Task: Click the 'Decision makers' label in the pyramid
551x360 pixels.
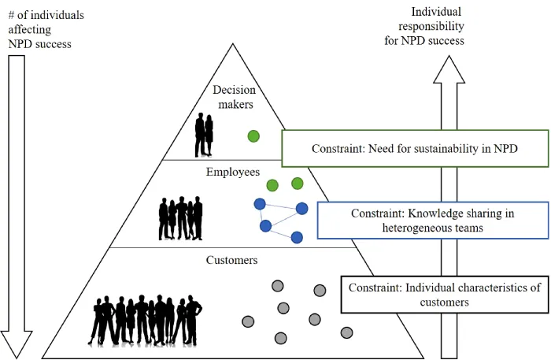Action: point(234,97)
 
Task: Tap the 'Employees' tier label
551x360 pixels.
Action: point(233,172)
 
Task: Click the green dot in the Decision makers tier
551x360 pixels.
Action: point(253,135)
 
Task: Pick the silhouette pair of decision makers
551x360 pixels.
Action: point(205,135)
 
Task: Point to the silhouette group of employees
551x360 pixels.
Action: point(181,218)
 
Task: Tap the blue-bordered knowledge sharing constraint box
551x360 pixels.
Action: point(431,220)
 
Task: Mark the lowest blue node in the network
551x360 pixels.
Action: point(297,237)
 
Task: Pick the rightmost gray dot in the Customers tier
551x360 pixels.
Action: point(346,332)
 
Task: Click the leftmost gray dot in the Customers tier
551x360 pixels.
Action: point(248,321)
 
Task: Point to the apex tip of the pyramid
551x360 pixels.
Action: point(233,43)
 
